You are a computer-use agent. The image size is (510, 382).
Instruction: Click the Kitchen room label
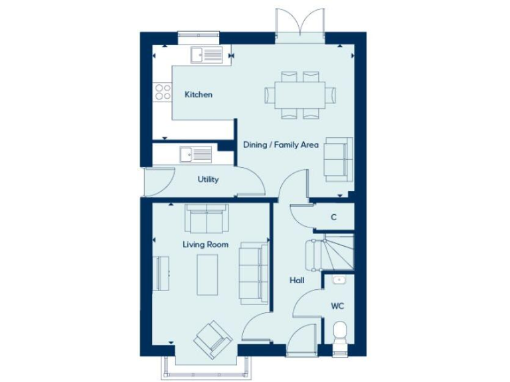(x=199, y=95)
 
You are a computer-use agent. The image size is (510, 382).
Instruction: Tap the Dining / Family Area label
(x=280, y=145)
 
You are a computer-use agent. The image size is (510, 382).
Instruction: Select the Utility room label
(x=208, y=179)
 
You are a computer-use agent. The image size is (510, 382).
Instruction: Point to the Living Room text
(x=206, y=245)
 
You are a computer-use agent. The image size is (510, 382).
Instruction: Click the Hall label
(x=297, y=281)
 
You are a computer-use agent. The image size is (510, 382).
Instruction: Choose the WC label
(x=337, y=306)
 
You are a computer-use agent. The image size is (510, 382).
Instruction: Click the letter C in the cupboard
(x=333, y=217)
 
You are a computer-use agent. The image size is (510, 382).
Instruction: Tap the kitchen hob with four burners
(x=162, y=92)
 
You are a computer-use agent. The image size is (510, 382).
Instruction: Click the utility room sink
(x=195, y=155)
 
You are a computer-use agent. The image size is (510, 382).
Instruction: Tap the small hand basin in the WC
(x=339, y=280)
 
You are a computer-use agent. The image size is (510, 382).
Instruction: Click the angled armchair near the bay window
(x=212, y=339)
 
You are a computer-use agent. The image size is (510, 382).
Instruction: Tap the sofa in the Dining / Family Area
(x=337, y=159)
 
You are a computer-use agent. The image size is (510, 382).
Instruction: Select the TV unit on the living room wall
(x=161, y=273)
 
